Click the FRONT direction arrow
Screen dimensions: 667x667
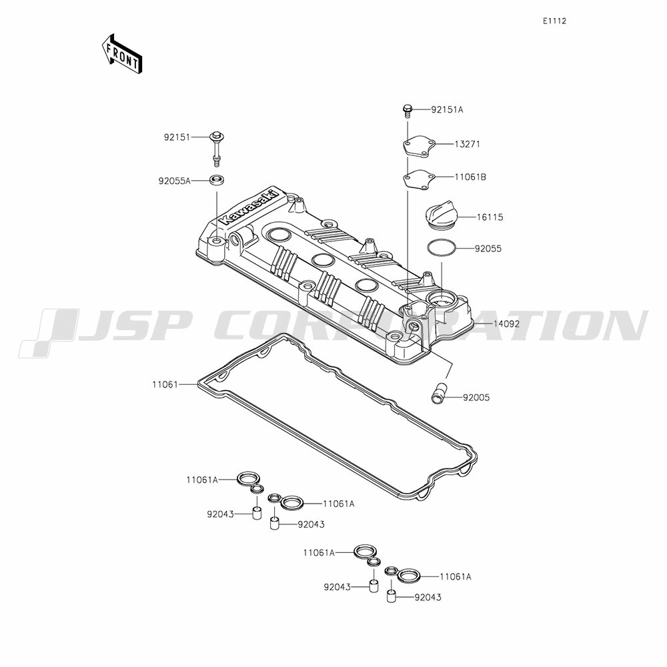pos(121,53)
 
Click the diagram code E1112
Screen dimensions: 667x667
pos(554,21)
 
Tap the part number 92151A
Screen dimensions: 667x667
pos(447,110)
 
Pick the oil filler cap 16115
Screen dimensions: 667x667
pos(441,217)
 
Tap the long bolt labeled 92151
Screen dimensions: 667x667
pos(217,149)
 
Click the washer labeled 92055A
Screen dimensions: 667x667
pos(217,179)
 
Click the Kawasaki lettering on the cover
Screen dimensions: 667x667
pos(249,207)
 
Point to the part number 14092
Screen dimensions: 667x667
pos(506,323)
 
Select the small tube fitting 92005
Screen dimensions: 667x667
pos(437,394)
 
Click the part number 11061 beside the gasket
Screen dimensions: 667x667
pos(165,385)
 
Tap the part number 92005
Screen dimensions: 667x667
pos(476,398)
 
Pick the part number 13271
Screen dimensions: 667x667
pos(468,144)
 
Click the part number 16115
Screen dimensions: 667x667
pos(490,217)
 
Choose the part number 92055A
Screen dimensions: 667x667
pos(174,181)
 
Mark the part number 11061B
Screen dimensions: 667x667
pos(470,177)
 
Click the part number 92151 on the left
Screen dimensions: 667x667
pos(177,137)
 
